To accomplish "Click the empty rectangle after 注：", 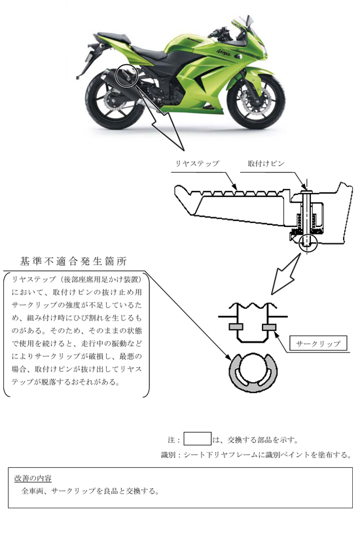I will [197, 439].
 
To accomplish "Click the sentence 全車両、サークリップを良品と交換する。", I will [90, 491].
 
